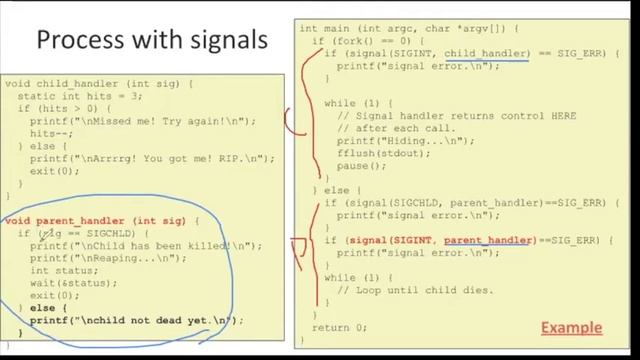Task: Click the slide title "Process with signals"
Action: [151, 41]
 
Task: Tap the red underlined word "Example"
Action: [571, 328]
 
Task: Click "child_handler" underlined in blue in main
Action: [486, 52]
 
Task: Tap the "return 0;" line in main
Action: [339, 327]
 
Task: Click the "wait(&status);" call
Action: [65, 283]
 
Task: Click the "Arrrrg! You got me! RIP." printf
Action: [150, 158]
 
